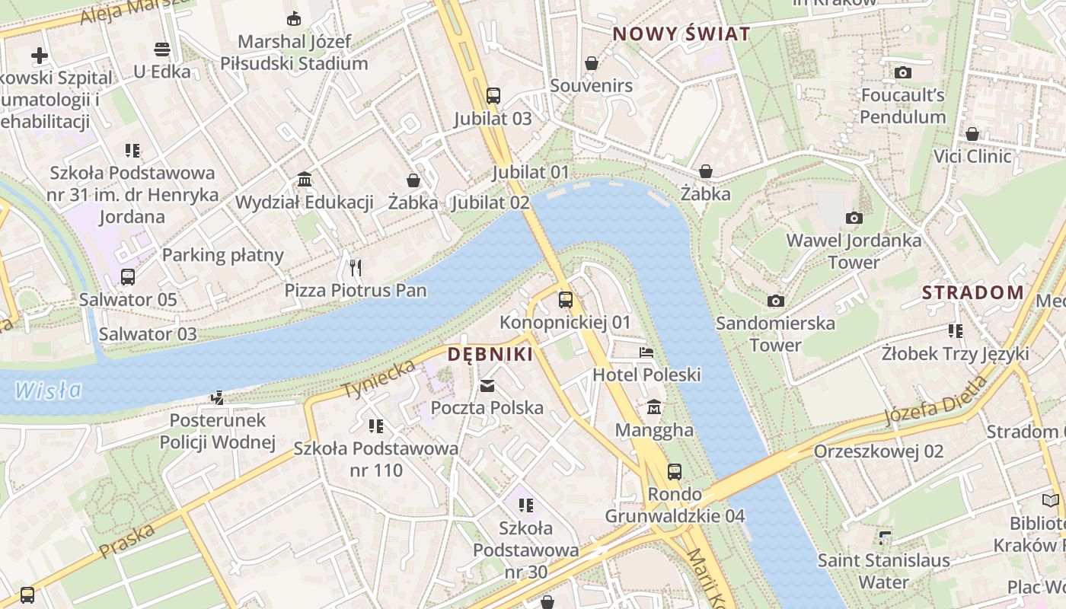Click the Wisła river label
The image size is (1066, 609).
coord(48,391)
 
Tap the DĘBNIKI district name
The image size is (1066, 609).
coord(490,355)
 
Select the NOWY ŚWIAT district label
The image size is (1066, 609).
coord(681,34)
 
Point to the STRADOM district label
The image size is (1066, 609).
coord(972,292)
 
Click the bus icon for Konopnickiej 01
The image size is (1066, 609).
coord(565,300)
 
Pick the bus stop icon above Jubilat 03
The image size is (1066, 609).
coord(493,96)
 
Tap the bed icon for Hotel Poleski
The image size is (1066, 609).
coord(646,352)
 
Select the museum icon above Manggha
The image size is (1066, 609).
coord(654,408)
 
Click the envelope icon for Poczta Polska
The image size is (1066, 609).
coord(487,386)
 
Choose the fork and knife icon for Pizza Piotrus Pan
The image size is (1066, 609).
coord(355,267)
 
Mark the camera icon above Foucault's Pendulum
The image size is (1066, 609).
coord(903,73)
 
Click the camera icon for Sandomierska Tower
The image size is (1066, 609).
coord(775,301)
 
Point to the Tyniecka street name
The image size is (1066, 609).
coord(379,378)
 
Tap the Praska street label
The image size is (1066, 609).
coord(127,539)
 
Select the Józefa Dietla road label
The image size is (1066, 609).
coord(936,401)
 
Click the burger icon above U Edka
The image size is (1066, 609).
coord(161,49)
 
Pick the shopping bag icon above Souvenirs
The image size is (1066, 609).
coord(592,63)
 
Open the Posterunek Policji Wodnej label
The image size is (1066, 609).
coord(217,431)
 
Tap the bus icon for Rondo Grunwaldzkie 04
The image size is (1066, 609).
coord(675,472)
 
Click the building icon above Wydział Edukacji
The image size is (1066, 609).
coord(305,180)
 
